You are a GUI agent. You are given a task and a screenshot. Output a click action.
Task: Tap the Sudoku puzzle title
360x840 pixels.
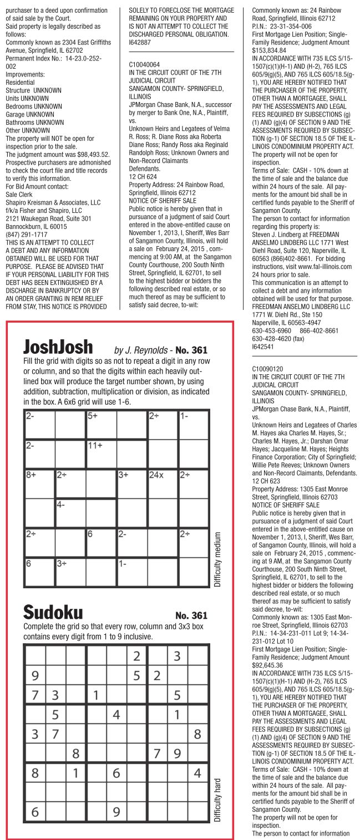[52, 612]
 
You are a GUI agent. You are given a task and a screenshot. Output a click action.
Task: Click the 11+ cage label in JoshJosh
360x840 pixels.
[95, 445]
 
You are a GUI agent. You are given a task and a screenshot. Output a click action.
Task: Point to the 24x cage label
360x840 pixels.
[156, 475]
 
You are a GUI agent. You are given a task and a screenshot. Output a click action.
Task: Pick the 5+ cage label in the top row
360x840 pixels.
[92, 415]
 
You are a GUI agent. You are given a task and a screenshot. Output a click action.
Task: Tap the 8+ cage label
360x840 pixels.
[31, 475]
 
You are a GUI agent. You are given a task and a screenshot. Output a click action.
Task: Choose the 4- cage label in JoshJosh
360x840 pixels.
[61, 505]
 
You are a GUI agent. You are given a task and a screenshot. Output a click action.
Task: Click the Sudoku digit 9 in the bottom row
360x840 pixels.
[116, 812]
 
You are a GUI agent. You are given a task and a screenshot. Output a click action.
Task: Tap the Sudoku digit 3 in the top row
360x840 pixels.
[178, 656]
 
